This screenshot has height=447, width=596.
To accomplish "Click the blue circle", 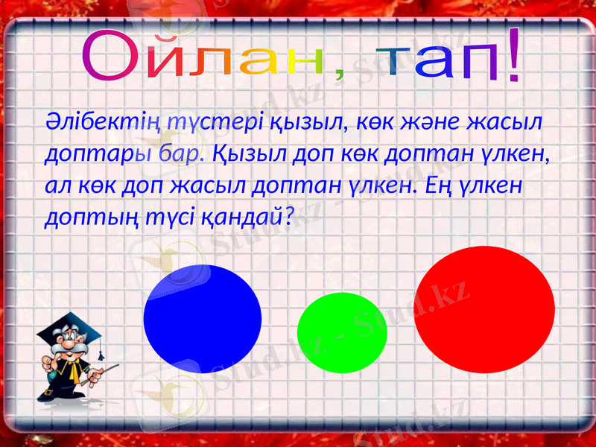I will click(x=202, y=319).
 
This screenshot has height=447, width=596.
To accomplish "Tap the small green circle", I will click(x=342, y=332).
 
